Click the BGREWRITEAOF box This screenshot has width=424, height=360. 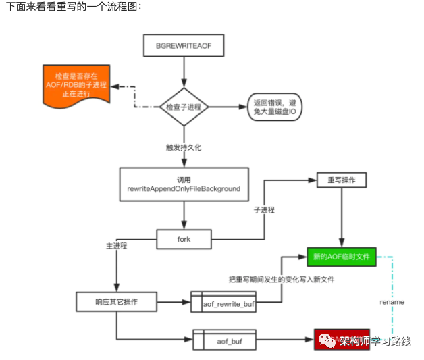point(184,47)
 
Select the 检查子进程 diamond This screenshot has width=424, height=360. point(184,107)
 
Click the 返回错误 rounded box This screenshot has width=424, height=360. point(269,107)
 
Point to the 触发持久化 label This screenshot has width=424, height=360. point(184,147)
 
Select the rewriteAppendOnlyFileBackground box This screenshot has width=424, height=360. point(184,184)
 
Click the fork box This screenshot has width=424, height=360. point(184,238)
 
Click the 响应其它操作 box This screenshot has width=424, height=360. point(116,301)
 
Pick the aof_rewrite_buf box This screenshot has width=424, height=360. point(226,305)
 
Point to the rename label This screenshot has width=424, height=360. point(392,302)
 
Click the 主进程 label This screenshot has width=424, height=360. point(117,247)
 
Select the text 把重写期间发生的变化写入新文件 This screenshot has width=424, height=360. point(269,280)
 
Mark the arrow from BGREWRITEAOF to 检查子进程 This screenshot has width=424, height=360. point(184,70)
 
